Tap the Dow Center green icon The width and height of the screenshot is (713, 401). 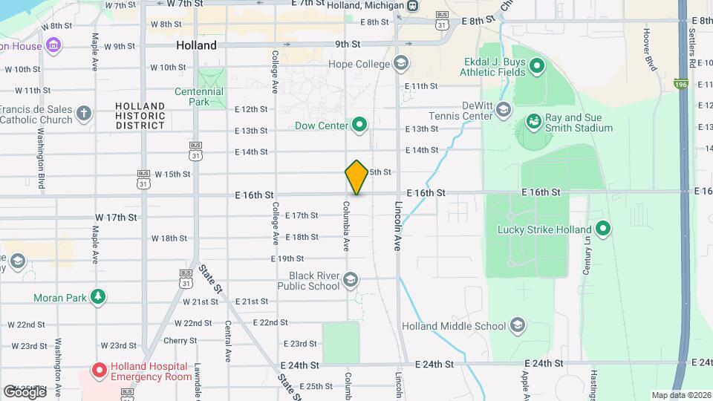[360, 125]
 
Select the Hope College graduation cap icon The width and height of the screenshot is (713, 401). [401, 64]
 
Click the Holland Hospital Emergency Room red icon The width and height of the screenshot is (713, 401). [99, 369]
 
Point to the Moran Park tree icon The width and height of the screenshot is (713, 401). [98, 298]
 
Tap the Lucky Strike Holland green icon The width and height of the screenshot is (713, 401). [602, 229]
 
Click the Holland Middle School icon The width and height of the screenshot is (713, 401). [518, 325]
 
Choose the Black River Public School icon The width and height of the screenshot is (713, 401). [351, 280]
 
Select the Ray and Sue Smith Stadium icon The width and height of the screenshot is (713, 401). [533, 121]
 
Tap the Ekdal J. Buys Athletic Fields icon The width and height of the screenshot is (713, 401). [537, 70]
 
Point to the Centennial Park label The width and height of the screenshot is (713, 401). [198, 97]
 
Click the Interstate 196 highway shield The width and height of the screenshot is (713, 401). [681, 85]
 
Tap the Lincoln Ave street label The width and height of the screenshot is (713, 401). [398, 225]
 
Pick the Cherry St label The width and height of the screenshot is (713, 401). [180, 341]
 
